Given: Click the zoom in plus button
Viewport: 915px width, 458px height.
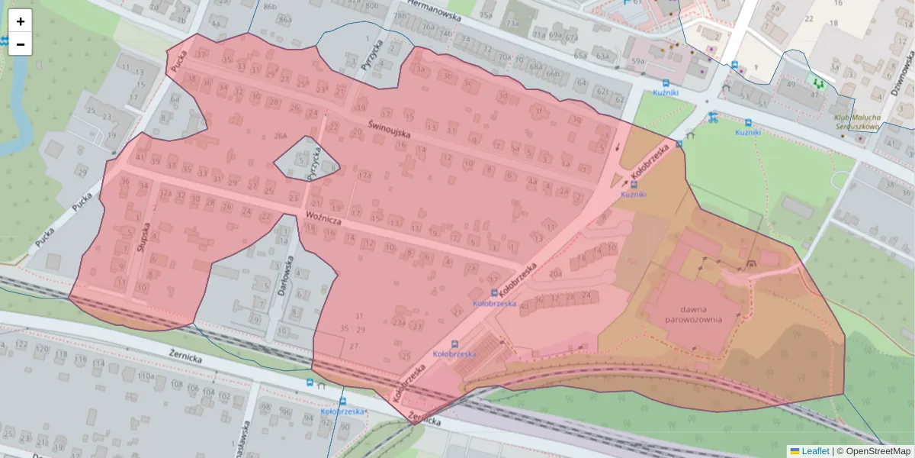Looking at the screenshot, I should click(x=20, y=21).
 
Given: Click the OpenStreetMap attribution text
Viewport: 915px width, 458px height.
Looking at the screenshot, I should click(x=873, y=451).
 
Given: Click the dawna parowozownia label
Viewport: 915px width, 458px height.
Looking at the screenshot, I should click(x=692, y=314).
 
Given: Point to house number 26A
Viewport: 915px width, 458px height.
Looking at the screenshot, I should click(x=281, y=136).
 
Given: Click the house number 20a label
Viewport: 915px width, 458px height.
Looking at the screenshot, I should click(x=555, y=273).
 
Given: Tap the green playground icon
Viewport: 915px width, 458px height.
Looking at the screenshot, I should click(x=817, y=82).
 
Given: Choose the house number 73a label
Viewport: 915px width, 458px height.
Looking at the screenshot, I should click(x=512, y=24).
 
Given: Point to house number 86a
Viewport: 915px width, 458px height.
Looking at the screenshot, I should click(x=284, y=18).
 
